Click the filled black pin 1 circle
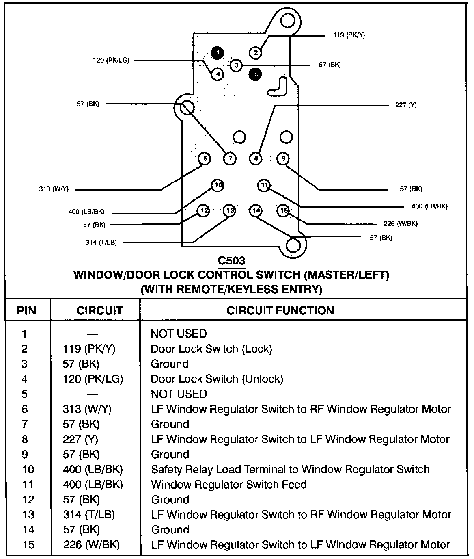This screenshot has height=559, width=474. tap(218, 52)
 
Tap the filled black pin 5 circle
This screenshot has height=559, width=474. tap(256, 74)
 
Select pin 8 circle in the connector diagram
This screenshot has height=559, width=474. tap(256, 158)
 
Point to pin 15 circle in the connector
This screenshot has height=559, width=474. tap(284, 210)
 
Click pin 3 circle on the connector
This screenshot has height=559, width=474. tap(236, 65)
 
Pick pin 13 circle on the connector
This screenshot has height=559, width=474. tap(230, 210)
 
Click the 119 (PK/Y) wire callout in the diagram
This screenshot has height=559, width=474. tap(349, 35)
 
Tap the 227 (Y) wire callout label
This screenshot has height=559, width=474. tap(406, 105)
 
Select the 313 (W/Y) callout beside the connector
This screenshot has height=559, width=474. tap(54, 189)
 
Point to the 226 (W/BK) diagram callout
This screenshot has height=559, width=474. tap(400, 224)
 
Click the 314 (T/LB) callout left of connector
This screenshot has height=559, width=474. tap(101, 243)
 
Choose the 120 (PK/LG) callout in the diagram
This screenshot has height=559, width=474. tap(111, 61)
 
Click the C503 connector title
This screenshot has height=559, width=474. tap(231, 260)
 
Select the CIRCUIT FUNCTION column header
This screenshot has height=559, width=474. tap(280, 311)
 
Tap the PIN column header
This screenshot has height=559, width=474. tap(27, 311)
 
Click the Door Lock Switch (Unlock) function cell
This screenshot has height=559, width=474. tap(217, 379)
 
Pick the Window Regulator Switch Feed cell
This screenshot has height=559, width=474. tap(228, 485)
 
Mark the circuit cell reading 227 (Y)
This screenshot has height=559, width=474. tap(80, 439)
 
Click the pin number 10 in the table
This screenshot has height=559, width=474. tap(28, 470)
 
